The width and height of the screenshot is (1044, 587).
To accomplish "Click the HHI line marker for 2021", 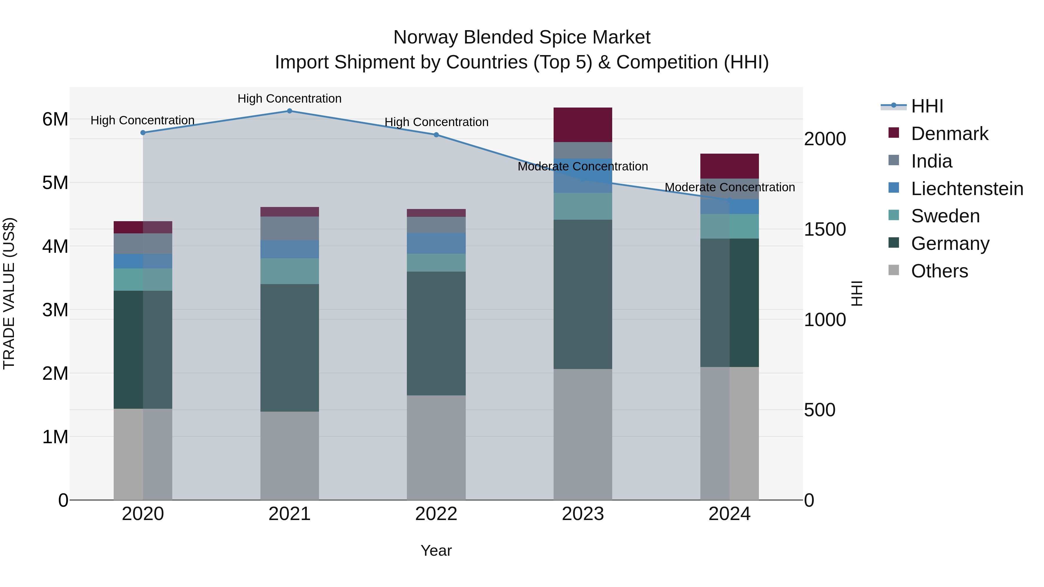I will pos(289,111).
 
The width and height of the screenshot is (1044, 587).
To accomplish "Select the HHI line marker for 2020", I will pos(143,132).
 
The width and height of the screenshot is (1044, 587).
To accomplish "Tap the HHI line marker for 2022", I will pos(436,135).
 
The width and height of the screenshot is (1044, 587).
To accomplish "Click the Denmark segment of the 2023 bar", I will pos(583,125).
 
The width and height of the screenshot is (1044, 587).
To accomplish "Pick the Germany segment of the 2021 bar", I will pos(289,348).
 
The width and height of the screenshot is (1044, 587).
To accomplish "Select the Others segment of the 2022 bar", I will pos(436,447).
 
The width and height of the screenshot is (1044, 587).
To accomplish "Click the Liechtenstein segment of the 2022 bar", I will pos(436,243).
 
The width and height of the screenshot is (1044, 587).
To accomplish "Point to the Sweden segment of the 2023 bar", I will pos(583,206).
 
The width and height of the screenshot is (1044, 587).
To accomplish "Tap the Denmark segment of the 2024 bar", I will pos(730,166).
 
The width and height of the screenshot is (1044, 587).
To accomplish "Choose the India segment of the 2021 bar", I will pos(289,228).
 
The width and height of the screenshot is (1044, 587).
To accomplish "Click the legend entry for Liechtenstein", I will pos(967,189).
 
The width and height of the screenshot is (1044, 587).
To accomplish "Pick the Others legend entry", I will pos(939,271).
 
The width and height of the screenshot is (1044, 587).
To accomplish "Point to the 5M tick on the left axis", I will pos(55,183).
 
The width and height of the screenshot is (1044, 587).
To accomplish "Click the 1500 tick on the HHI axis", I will pos(825,229).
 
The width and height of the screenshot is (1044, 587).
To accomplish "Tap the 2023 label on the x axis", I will pos(583,514).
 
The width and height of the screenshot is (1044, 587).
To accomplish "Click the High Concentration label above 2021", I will pos(289,99).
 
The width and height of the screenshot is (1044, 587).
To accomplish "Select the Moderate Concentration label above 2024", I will pos(730,187).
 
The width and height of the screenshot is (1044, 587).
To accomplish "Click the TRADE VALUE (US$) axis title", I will pos(9,293).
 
